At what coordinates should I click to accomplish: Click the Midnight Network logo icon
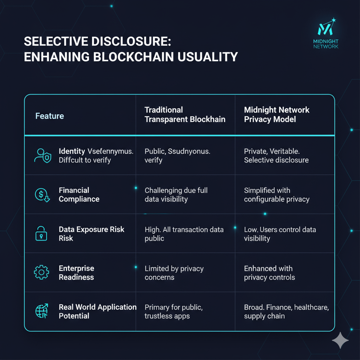click(325, 28)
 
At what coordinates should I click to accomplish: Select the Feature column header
click(50, 116)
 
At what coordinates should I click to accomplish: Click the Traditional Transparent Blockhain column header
click(185, 115)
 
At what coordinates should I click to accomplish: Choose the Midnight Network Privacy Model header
click(277, 115)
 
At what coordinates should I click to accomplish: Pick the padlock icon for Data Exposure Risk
click(41, 234)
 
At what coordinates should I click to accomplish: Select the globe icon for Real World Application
click(42, 311)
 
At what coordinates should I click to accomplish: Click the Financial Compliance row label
click(79, 195)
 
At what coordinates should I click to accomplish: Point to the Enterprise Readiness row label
click(76, 273)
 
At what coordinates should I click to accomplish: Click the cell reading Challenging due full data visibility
click(176, 195)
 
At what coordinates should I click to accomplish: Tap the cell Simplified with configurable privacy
click(277, 195)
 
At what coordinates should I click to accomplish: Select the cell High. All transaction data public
click(184, 234)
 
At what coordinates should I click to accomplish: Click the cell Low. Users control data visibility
click(280, 234)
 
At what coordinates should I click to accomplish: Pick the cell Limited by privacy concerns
click(174, 273)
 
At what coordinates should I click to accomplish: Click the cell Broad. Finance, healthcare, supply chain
click(286, 311)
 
